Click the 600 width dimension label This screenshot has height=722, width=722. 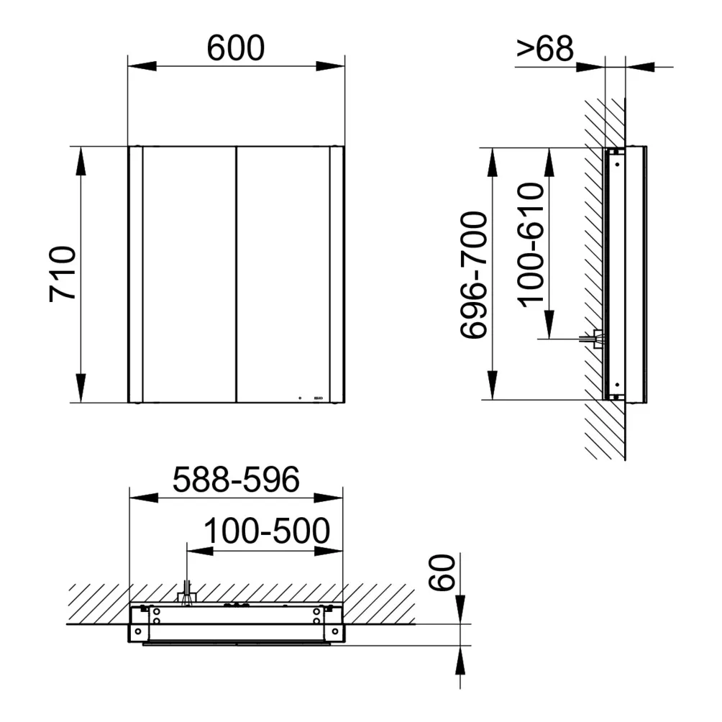point(235,47)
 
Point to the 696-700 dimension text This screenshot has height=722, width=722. point(474,275)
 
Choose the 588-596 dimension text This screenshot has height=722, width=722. point(236,480)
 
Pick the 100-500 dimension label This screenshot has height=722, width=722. point(266,531)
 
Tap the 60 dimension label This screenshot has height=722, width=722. point(443,573)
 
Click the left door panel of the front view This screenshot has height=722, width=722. point(189,273)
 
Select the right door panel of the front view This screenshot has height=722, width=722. point(283,273)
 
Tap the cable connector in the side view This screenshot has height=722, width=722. point(596,338)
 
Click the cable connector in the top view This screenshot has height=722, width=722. point(187,595)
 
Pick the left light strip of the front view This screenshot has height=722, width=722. point(135,273)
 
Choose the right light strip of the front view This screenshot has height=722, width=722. point(337,273)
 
